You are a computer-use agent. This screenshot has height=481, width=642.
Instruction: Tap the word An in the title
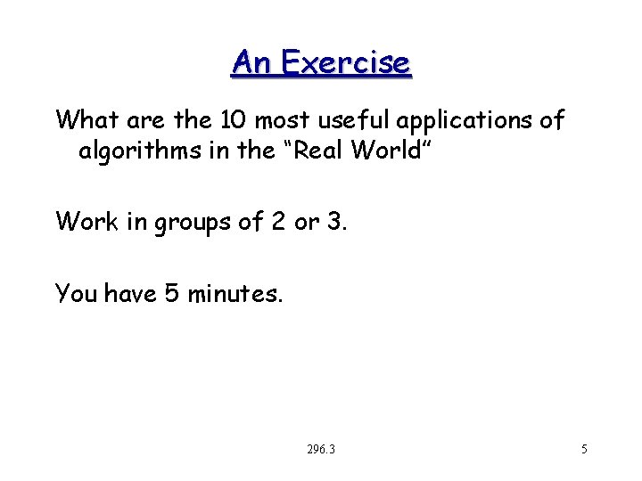[252, 62]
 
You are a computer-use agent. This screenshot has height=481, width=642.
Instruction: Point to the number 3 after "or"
[334, 221]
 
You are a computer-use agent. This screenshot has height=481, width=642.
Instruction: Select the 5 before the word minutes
[173, 292]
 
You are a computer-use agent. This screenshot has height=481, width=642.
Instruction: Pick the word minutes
[234, 292]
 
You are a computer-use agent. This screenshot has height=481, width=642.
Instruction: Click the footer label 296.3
[320, 450]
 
